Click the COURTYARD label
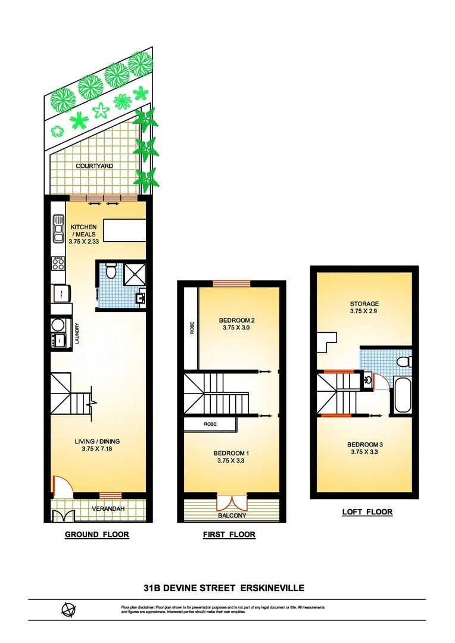tap(94, 166)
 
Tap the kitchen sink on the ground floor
tap(58, 229)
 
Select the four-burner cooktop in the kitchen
tap(58, 263)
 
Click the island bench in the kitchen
tap(124, 230)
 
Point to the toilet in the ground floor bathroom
tap(110, 271)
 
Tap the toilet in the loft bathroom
tap(404, 361)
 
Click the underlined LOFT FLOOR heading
tap(367, 512)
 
